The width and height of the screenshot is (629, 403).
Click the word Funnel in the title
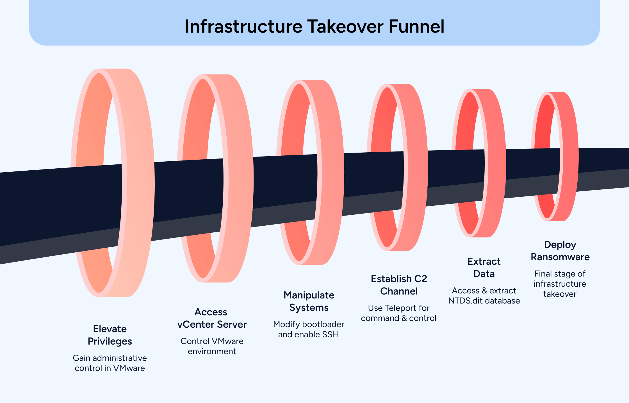point(416,26)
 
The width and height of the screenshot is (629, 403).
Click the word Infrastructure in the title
point(243,26)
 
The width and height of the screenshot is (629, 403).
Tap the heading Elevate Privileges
point(110,335)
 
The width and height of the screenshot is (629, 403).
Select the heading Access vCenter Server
point(212,318)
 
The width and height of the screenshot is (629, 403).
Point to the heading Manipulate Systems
point(309,301)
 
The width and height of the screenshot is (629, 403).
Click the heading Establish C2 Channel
point(399,285)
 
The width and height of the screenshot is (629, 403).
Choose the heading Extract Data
point(484,268)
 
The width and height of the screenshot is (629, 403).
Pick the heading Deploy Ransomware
point(560,251)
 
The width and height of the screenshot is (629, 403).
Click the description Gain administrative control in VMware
point(110,363)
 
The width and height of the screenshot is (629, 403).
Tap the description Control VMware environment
point(212,346)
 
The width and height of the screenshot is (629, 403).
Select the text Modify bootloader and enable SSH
point(309,329)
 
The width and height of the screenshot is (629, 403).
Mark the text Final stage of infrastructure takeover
point(560,284)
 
